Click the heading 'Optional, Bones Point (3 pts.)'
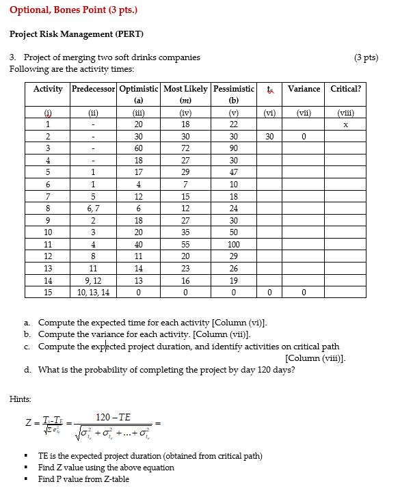coord(73,10)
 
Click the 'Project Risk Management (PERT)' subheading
coord(77,33)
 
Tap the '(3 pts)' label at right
coord(366,57)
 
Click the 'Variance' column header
coord(304,89)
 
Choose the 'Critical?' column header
coord(345,89)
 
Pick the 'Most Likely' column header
coord(185,89)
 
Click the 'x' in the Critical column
coord(345,125)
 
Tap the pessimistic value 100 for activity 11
coord(233,244)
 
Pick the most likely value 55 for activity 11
coord(185,244)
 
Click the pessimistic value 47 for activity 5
coord(233,173)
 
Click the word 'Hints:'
coord(21,399)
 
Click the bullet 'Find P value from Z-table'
coord(83,479)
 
